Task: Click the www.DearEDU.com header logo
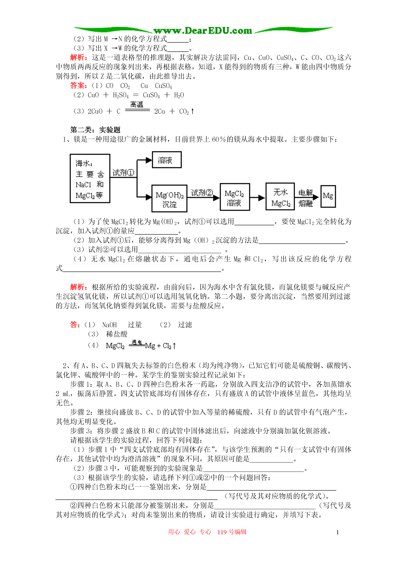coord(203,31)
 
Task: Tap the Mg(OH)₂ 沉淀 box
coord(169,198)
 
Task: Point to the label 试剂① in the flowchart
coord(123,173)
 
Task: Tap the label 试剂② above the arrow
coord(202,193)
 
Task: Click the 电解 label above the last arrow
coord(305,193)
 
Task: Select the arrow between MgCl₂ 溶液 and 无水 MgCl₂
coord(258,198)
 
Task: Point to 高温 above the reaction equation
coord(137,105)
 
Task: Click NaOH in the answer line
coord(109,325)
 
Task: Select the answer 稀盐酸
coord(117,334)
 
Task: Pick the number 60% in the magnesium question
coord(219,139)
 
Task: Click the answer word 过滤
coord(185,325)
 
